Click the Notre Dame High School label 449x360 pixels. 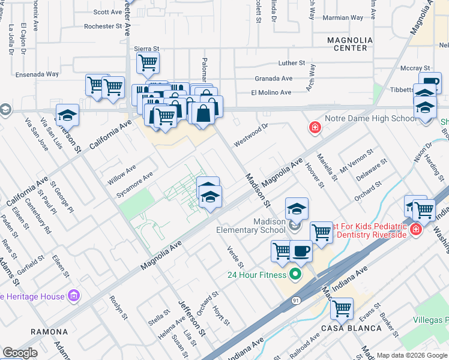[x=370, y=118]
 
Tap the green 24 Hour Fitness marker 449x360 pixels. [x=294, y=275]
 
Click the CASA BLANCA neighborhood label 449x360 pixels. [x=351, y=328]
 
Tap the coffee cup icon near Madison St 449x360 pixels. [x=301, y=250]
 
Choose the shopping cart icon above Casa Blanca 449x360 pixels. [x=342, y=308]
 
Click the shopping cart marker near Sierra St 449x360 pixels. [x=147, y=61]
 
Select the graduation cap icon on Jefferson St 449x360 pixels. [x=68, y=115]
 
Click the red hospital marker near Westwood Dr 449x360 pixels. [x=315, y=127]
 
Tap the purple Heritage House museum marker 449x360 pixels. [x=74, y=296]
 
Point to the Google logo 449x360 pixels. [x=20, y=353]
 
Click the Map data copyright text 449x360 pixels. [x=412, y=355]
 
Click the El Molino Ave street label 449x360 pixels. [x=271, y=92]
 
